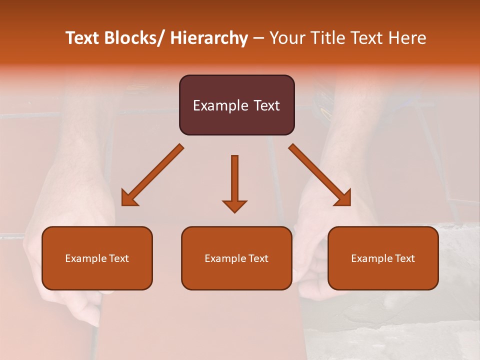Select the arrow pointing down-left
click(x=152, y=175)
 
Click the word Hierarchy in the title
click(x=209, y=38)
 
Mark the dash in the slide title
click(x=258, y=38)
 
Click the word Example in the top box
click(x=220, y=105)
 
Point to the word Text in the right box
click(x=404, y=258)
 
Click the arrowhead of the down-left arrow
click(x=128, y=198)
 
